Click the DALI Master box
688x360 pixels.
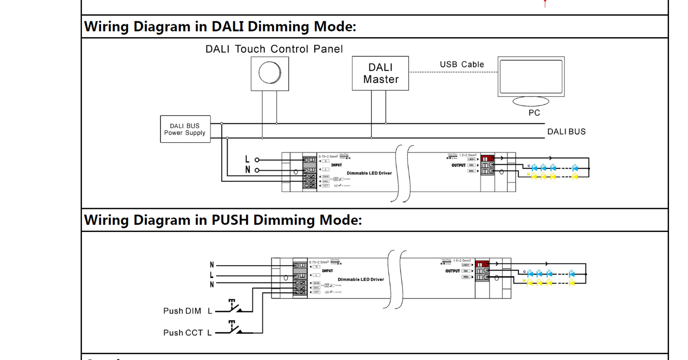(380, 73)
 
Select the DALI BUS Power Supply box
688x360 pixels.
(185, 129)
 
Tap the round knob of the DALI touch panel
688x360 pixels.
(269, 73)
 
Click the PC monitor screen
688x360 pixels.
(531, 76)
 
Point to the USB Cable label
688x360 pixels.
(461, 64)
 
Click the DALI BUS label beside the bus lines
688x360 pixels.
(566, 131)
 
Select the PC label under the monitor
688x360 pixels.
(534, 113)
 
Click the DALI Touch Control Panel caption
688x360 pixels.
(274, 49)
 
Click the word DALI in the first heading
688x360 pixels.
(228, 26)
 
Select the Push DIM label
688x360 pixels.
(182, 311)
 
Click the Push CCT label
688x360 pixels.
(183, 333)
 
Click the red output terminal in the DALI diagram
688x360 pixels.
(487, 159)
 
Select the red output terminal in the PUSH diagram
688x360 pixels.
(482, 264)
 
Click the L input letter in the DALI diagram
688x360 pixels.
(247, 160)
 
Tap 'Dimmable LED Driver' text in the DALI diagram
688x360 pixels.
(369, 173)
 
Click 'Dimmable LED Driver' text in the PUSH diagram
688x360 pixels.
(360, 279)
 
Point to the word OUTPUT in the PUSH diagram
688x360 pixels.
(452, 271)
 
